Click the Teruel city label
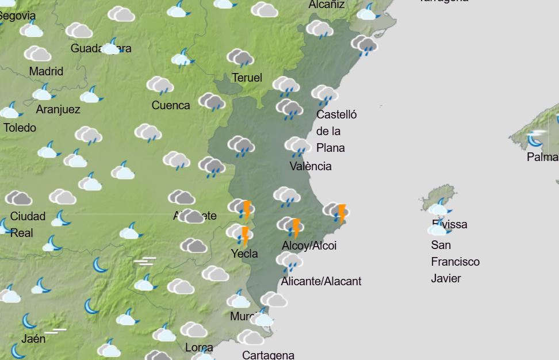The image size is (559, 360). (x=247, y=78)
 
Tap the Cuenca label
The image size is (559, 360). (x=171, y=105)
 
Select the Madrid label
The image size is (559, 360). (x=46, y=71)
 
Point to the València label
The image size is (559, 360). (x=311, y=166)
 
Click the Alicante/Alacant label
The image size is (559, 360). (x=321, y=281)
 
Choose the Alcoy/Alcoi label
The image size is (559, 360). (x=309, y=246)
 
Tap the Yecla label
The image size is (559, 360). (x=244, y=254)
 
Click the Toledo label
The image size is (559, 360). (x=20, y=128)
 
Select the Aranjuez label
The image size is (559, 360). (x=58, y=109)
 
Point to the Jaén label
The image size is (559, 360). (x=33, y=339)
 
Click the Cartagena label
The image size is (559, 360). (x=268, y=355)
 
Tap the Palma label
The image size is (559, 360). (x=542, y=157)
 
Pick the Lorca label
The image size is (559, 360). (x=199, y=347)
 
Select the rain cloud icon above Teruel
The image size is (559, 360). (x=240, y=58)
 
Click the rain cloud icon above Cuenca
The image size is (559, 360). (x=160, y=86)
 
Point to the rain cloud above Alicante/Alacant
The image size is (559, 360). (x=289, y=262)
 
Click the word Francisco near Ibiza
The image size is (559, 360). (x=455, y=262)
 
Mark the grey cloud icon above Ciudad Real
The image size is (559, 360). (x=19, y=198)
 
